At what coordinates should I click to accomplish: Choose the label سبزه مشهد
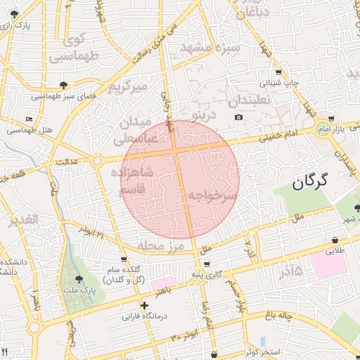210,48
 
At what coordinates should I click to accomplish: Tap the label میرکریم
128,87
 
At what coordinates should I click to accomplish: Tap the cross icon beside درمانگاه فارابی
144,306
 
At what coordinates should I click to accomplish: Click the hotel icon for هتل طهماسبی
28,119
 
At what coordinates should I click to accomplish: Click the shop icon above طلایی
333,240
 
